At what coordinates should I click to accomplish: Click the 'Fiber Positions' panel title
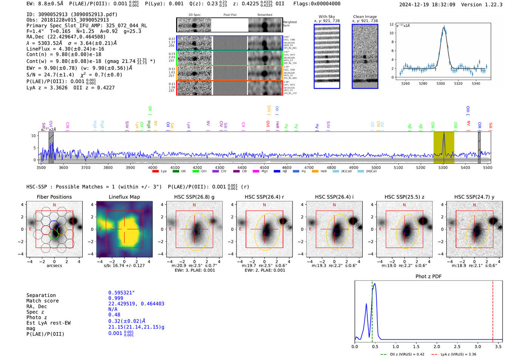pos(54,197)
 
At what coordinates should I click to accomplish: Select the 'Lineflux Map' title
pos(124,197)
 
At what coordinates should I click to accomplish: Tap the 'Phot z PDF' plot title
pos(428,277)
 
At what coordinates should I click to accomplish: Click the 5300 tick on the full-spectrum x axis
pos(443,168)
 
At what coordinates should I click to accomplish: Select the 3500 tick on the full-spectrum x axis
pos(41,168)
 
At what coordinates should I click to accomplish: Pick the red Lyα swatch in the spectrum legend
pos(155,172)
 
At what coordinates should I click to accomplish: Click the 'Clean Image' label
pos(365,17)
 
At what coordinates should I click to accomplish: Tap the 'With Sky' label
pos(326,17)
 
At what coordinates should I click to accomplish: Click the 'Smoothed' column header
pos(264,15)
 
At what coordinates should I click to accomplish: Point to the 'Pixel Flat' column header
pos(230,15)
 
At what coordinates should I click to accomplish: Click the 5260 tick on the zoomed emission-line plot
pos(405,83)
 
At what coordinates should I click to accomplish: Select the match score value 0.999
pos(115,298)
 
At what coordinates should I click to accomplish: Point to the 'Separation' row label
pos(41,295)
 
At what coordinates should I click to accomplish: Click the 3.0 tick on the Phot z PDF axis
pos(478,346)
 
